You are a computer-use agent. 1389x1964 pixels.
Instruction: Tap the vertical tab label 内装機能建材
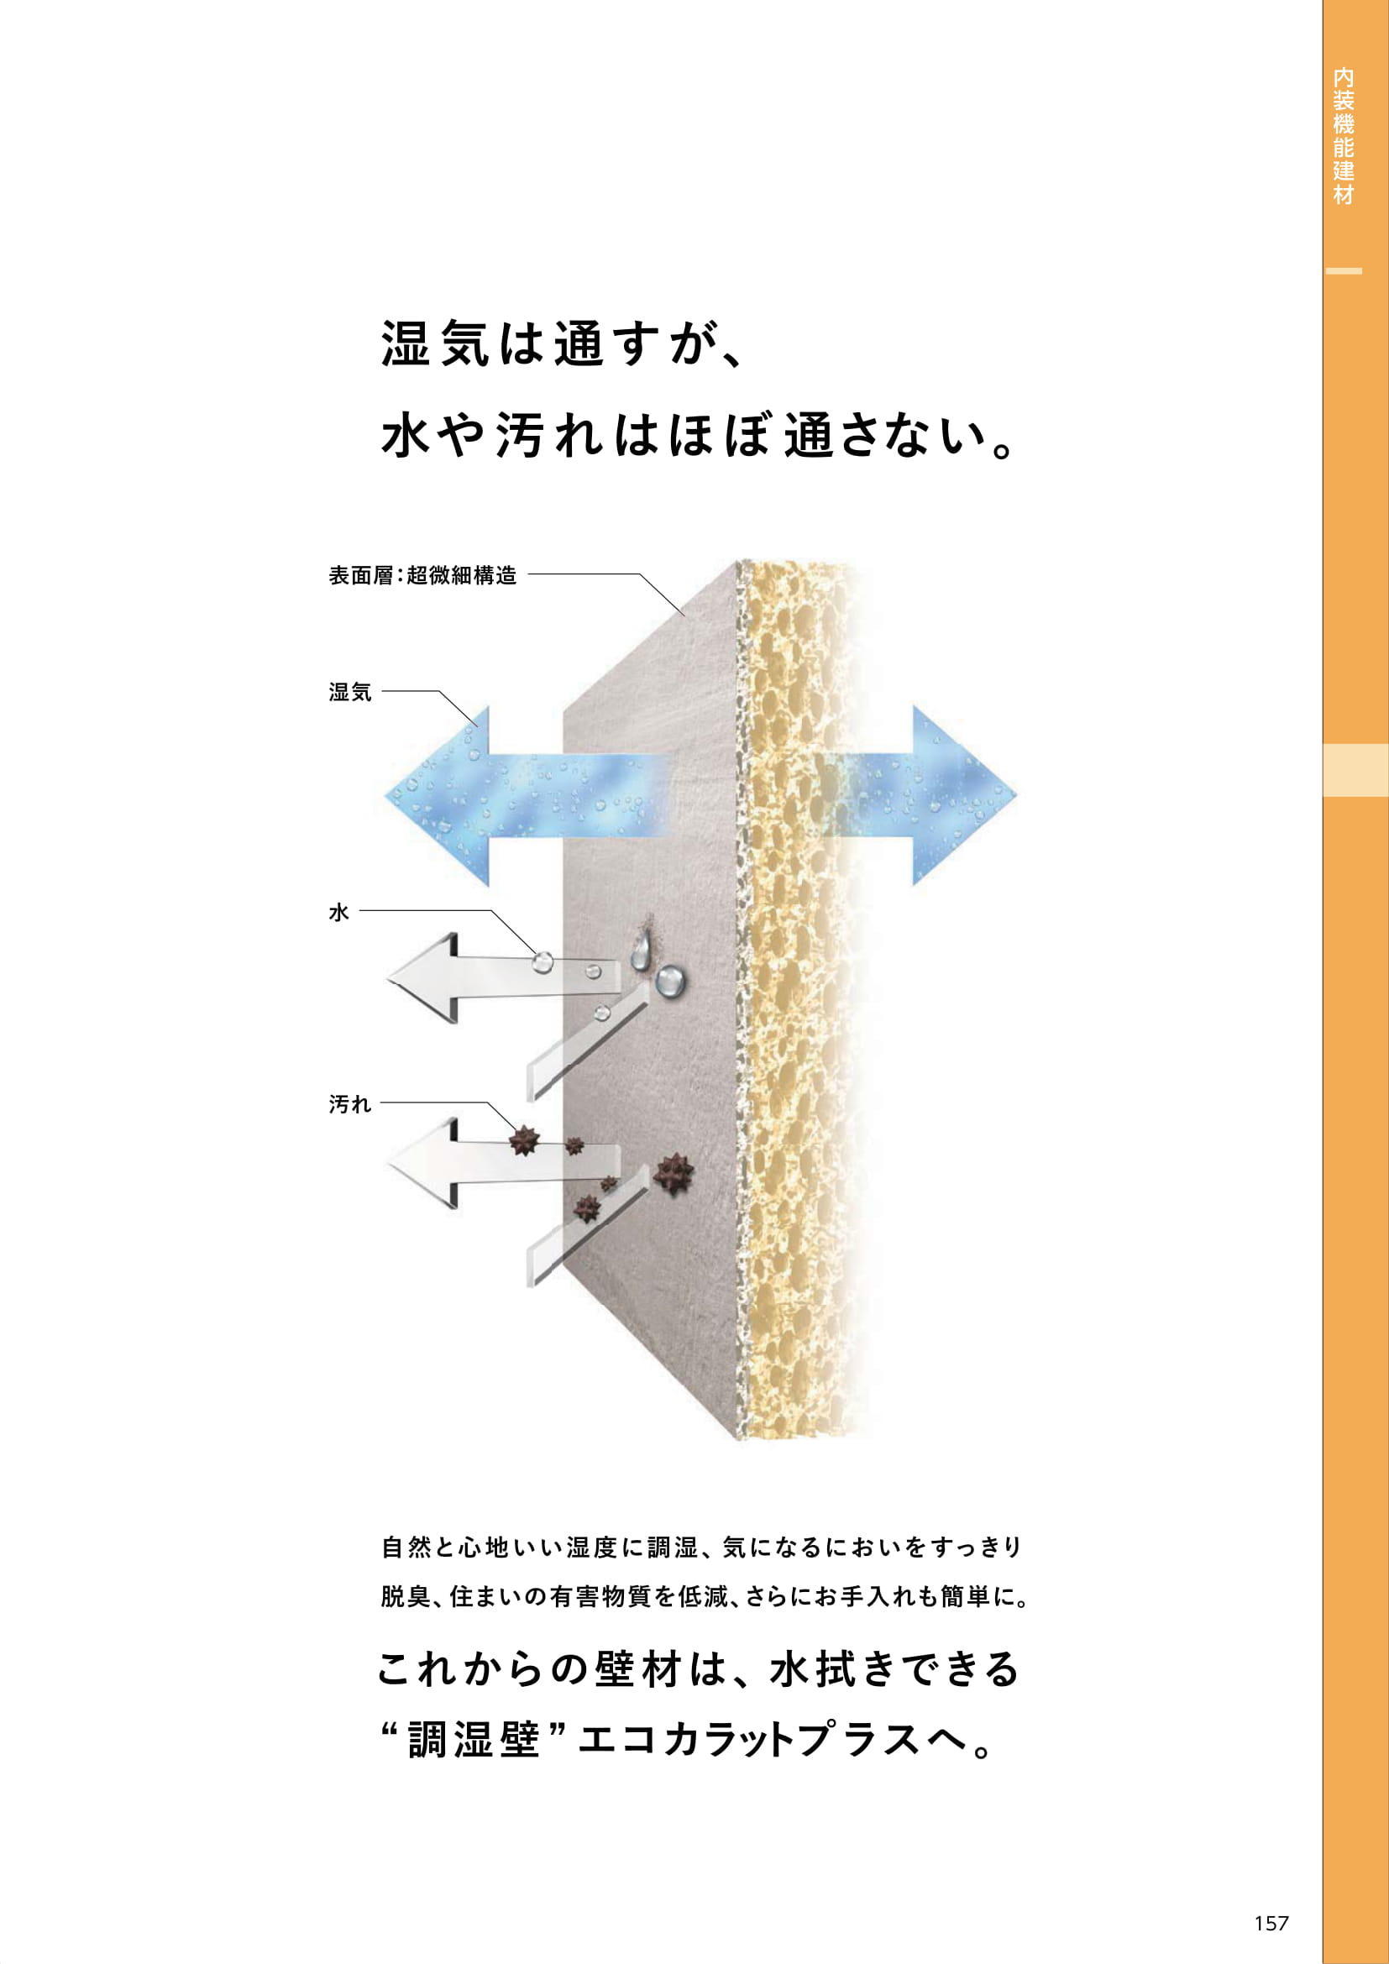(1343, 137)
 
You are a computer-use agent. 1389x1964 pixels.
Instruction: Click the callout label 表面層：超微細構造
(422, 576)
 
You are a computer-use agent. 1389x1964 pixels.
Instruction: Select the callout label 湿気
(350, 692)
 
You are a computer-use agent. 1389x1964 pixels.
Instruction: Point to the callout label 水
(338, 913)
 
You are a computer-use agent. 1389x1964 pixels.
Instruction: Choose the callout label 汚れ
(350, 1105)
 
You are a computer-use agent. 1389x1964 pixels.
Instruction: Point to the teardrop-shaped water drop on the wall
(642, 953)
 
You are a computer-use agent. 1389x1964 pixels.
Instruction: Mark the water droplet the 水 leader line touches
(541, 962)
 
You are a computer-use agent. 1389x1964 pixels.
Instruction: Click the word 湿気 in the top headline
(435, 343)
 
